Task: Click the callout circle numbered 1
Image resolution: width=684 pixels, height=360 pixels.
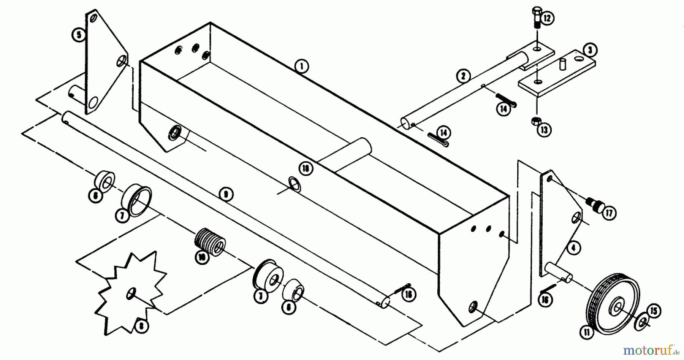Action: [x=301, y=67]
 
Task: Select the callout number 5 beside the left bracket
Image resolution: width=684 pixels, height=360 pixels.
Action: [x=79, y=35]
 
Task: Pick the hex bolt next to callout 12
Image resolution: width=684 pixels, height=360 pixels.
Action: [x=535, y=17]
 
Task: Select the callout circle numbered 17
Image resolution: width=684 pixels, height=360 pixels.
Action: [x=609, y=214]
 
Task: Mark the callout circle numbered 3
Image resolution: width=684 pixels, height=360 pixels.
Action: [x=590, y=50]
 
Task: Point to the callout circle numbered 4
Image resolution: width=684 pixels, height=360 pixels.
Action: [x=573, y=249]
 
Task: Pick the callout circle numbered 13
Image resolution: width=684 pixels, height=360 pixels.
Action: [x=544, y=130]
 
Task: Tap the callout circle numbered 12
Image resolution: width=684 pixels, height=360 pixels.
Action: [x=547, y=18]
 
